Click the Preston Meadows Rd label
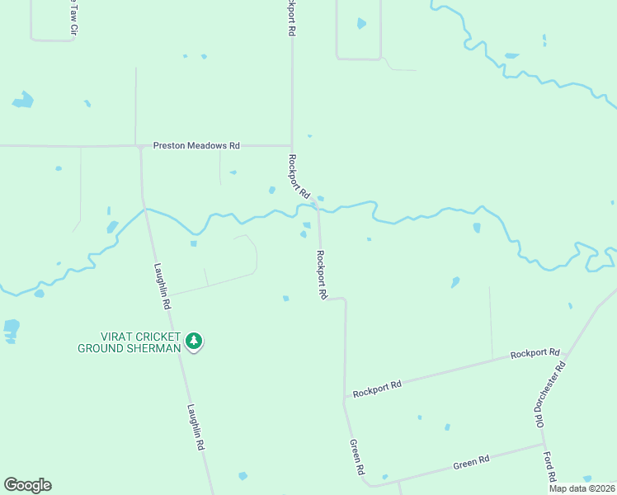pos(196,146)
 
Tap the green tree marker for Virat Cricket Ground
pos(194,341)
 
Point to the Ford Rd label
pos(549,466)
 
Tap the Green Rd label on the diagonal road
pos(472,463)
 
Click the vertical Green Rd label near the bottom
pos(357,457)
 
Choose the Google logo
pos(27,485)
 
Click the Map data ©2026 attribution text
pos(581,488)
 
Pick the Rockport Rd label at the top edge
pos(291,16)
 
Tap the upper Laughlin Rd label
pos(162,285)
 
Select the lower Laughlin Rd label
pos(195,426)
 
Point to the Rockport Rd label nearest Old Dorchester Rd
pos(535,353)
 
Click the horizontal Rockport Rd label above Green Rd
pos(377,389)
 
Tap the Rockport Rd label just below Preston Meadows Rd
pos(299,176)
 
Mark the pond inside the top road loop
pos(361,24)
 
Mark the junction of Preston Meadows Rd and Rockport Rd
pos(291,146)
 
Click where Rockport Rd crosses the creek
pos(317,206)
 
